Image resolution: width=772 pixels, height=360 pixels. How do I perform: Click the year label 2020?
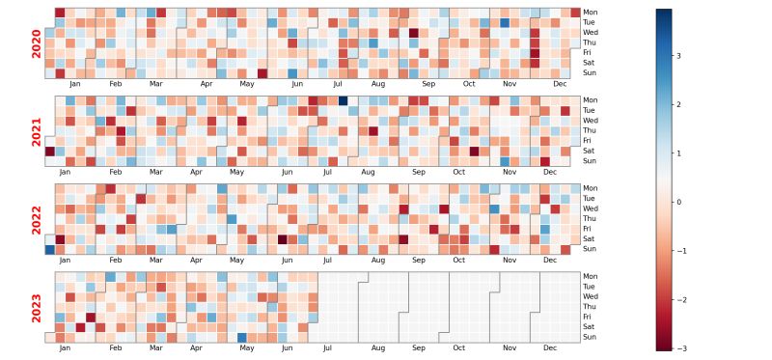37,43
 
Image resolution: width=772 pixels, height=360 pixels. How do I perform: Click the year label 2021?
37,131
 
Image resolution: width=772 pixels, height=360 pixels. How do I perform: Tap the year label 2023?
37,307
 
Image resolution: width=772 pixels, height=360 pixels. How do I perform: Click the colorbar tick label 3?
677,56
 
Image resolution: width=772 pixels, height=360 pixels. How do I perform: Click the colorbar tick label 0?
677,203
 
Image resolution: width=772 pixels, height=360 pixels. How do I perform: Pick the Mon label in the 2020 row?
589,13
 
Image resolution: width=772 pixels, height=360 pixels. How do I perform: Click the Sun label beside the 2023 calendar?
589,337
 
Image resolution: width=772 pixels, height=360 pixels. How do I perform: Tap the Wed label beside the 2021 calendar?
589,121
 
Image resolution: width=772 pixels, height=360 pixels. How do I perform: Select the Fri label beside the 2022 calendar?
587,229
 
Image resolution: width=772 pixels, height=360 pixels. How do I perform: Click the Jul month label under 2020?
338,84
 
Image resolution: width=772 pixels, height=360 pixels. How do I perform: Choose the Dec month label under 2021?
550,172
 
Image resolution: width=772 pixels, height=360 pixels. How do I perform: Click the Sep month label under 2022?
419,260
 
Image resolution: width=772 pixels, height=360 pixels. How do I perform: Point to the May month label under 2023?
247,347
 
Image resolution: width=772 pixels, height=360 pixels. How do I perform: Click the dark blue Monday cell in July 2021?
343,100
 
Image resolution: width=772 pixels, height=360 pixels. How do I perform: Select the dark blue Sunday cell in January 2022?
50,249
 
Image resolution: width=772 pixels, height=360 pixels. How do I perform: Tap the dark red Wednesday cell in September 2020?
413,33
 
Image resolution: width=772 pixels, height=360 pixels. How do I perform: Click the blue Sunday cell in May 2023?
241,337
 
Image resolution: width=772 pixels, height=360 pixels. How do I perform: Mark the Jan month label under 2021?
65,172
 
